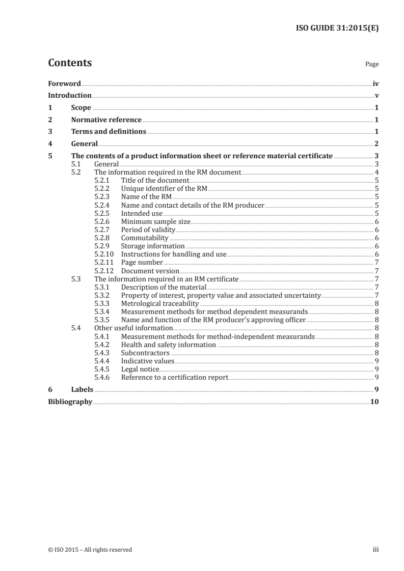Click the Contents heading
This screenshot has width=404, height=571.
pyautogui.click(x=70, y=63)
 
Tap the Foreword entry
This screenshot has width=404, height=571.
pyautogui.click(x=64, y=83)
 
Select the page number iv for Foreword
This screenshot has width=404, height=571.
pyautogui.click(x=375, y=83)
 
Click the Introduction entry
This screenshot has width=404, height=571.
pyautogui.click(x=70, y=96)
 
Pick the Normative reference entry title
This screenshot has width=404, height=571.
pyautogui.click(x=106, y=120)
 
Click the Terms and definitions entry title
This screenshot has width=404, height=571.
pyautogui.click(x=109, y=132)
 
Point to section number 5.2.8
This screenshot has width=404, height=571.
pyautogui.click(x=103, y=238)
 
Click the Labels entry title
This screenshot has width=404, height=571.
pyautogui.click(x=82, y=389)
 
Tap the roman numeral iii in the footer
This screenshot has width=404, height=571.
pyautogui.click(x=375, y=550)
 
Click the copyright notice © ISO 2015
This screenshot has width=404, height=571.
pyautogui.click(x=90, y=550)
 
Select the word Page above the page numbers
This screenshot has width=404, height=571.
pyautogui.click(x=372, y=65)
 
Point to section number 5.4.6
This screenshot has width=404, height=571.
pyautogui.click(x=103, y=377)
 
